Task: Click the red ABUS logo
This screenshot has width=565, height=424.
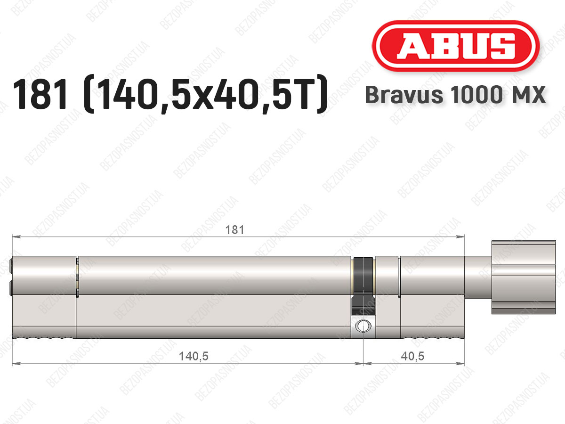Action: click(x=456, y=46)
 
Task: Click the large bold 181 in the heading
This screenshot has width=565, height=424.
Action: click(x=40, y=94)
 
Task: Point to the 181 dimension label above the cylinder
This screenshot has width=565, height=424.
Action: click(x=234, y=229)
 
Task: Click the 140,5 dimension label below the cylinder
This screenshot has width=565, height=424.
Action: click(x=194, y=356)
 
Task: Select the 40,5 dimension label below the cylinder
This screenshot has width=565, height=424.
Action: click(x=412, y=356)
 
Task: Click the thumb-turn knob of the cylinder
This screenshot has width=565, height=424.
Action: click(x=524, y=277)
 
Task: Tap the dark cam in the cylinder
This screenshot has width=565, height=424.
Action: click(x=363, y=286)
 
